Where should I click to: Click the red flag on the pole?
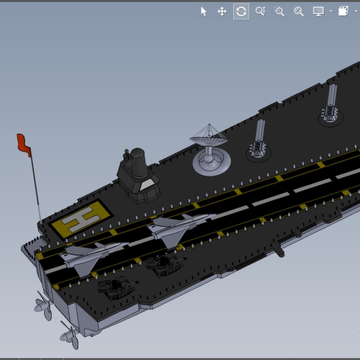coord(23,144)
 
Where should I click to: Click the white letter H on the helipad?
coord(81,219)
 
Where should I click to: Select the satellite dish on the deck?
coord(210,150)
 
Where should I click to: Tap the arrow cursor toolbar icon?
coord(204,12)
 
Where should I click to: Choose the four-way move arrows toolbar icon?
coord(222,12)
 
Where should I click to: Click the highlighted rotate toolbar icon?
coord(241,12)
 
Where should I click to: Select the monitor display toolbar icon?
coord(318,12)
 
